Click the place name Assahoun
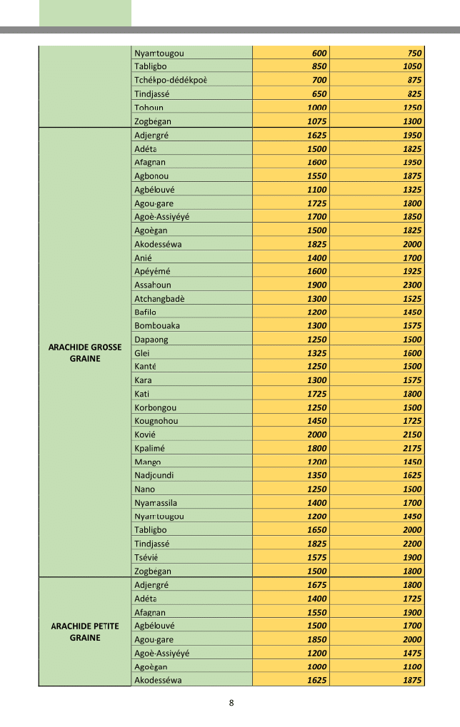pyautogui.click(x=153, y=285)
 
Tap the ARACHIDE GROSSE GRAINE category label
pyautogui.click(x=85, y=353)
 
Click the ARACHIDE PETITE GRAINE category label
pyautogui.click(x=85, y=632)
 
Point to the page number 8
pyautogui.click(x=231, y=703)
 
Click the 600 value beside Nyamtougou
pyautogui.click(x=319, y=54)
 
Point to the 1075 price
pyautogui.click(x=317, y=121)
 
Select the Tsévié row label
pyautogui.click(x=146, y=557)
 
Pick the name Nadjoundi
pyautogui.click(x=154, y=475)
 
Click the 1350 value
pyautogui.click(x=317, y=475)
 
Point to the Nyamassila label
pyautogui.click(x=156, y=503)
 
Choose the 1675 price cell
pyautogui.click(x=317, y=585)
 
